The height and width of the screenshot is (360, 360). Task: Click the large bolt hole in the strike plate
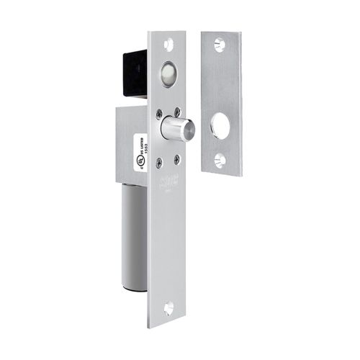click(x=220, y=127)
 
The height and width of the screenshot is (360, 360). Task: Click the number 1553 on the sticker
click(x=143, y=145)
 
